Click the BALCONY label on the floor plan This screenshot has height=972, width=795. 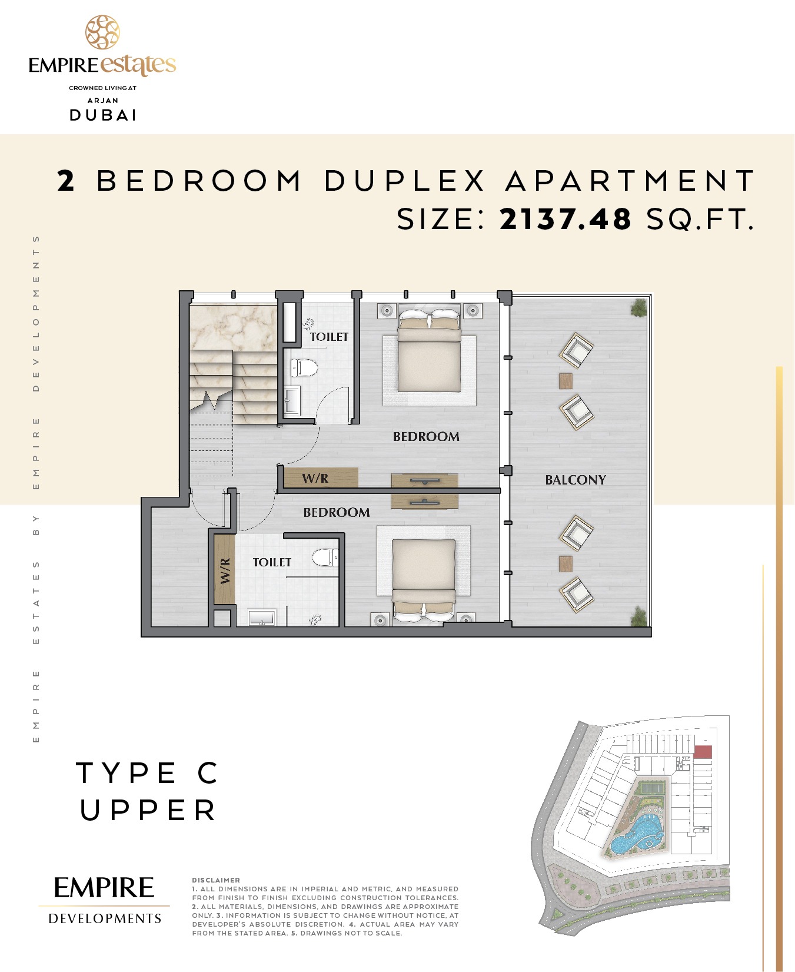[575, 480]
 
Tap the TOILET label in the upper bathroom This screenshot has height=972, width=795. [329, 337]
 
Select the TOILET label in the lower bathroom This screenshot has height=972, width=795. [272, 562]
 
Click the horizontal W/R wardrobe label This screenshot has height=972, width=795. [315, 478]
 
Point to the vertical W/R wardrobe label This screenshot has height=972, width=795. [225, 570]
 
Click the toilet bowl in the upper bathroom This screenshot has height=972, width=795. [304, 369]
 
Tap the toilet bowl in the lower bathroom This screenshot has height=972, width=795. [325, 557]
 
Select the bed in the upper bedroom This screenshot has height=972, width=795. [429, 350]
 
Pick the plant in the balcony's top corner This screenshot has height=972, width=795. [638, 307]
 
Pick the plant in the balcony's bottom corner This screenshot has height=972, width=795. [638, 616]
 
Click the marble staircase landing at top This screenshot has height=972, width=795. [233, 327]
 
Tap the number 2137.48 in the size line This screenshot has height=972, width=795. [565, 219]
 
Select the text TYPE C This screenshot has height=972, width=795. [147, 773]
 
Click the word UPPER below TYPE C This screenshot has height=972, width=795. [148, 811]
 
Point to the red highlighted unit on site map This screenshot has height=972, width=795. [703, 752]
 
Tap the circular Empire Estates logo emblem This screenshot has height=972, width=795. [102, 32]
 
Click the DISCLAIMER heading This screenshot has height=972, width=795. [216, 880]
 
